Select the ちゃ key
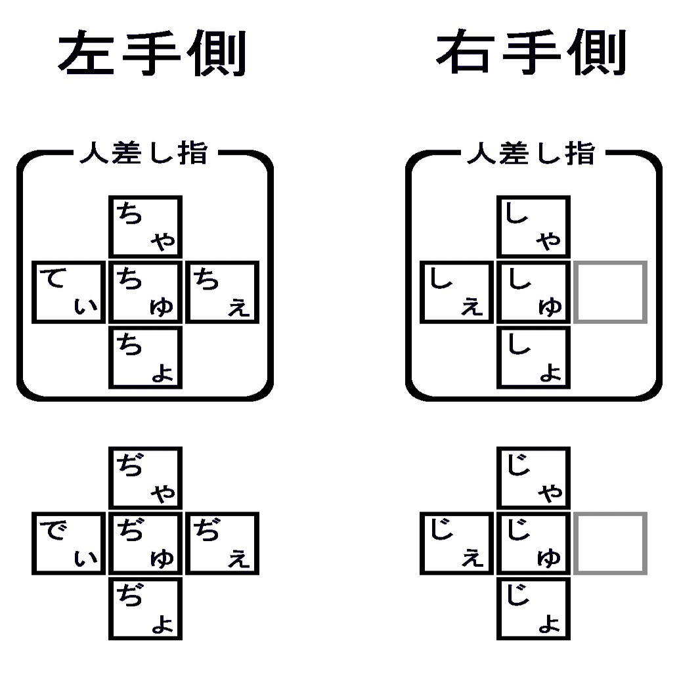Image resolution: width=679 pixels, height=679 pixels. pyautogui.click(x=145, y=227)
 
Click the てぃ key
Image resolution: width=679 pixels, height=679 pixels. pyautogui.click(x=68, y=292)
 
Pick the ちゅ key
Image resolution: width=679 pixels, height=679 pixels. pyautogui.click(x=145, y=292)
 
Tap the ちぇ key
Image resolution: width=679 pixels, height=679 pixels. pyautogui.click(x=223, y=292)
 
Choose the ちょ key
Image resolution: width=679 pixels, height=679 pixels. pyautogui.click(x=145, y=357)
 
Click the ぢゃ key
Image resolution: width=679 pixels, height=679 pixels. pyautogui.click(x=145, y=477)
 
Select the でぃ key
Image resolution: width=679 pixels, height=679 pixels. pyautogui.click(x=68, y=543)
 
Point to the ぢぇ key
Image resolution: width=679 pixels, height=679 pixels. pyautogui.click(x=223, y=543)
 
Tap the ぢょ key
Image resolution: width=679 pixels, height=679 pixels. pyautogui.click(x=145, y=608)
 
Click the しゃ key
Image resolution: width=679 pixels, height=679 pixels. pyautogui.click(x=533, y=227)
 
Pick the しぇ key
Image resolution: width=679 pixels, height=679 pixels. pyautogui.click(x=456, y=292)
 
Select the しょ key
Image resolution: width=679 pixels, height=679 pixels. pyautogui.click(x=533, y=357)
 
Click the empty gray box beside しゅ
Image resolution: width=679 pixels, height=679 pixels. pyautogui.click(x=611, y=292)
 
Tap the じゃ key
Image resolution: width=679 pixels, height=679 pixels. pyautogui.click(x=533, y=477)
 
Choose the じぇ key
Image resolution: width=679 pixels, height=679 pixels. pyautogui.click(x=456, y=543)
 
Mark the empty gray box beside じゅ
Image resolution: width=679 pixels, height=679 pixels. pyautogui.click(x=611, y=543)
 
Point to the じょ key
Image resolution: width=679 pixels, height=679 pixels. pyautogui.click(x=533, y=608)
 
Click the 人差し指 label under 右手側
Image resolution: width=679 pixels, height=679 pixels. pyautogui.click(x=531, y=154)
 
